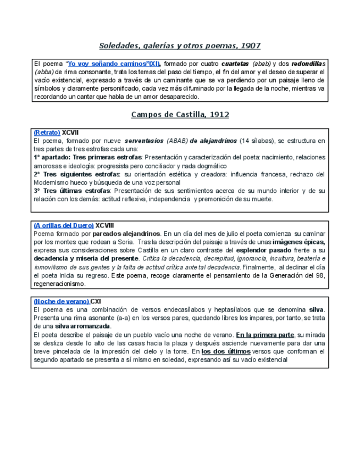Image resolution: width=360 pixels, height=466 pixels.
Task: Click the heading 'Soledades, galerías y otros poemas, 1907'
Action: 180,46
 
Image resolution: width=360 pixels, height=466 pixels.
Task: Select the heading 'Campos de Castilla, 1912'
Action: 180,115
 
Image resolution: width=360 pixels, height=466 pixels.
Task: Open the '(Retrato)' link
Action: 47,132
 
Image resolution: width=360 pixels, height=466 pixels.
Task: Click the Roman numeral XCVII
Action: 70,132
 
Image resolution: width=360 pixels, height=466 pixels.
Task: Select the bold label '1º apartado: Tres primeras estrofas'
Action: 87,157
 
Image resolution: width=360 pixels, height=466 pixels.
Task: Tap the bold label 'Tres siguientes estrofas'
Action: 80,174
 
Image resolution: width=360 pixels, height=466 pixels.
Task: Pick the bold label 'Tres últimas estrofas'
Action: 76,191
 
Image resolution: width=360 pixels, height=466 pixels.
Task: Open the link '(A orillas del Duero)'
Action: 63,225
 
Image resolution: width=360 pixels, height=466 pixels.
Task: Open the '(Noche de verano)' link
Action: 61,301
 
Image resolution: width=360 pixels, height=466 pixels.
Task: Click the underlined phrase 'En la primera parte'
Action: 265,335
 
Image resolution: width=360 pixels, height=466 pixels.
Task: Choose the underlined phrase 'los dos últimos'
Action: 226,351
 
